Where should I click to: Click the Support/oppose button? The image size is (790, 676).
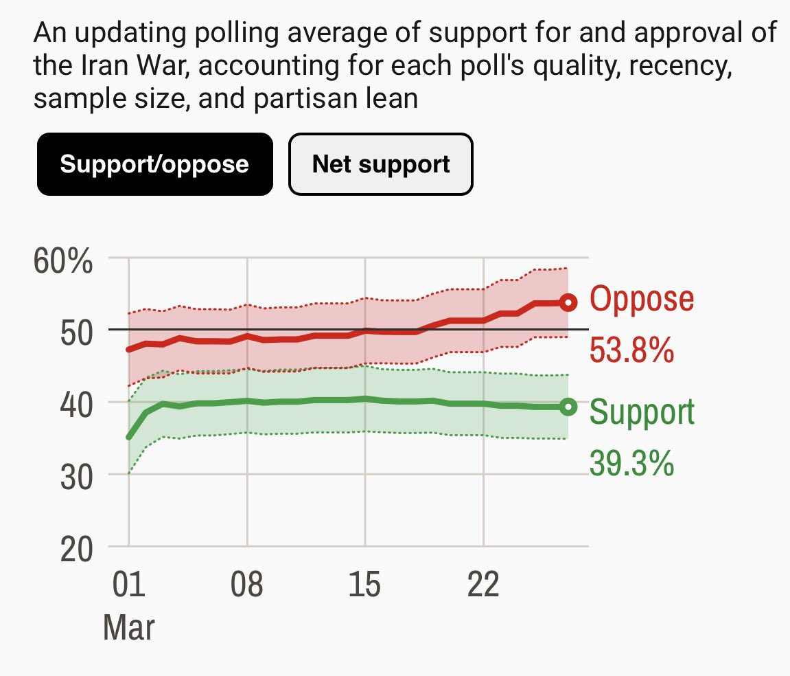(x=154, y=164)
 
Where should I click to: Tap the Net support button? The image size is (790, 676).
(x=381, y=164)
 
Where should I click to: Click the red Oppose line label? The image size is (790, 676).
(x=642, y=299)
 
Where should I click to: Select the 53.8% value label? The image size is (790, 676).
(x=631, y=350)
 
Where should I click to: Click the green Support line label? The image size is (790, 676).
(x=642, y=412)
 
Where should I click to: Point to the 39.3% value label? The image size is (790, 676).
(x=631, y=464)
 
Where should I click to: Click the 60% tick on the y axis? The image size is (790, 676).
(x=62, y=262)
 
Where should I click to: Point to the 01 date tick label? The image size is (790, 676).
(x=128, y=587)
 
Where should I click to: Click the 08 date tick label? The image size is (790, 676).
(x=247, y=587)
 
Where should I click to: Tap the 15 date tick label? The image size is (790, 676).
(x=365, y=587)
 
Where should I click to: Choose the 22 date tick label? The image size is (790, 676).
(x=484, y=587)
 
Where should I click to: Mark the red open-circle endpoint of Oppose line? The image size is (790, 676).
(x=568, y=302)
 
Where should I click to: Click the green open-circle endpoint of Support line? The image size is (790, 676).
(x=568, y=407)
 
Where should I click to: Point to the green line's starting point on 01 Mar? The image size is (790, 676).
(x=129, y=437)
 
